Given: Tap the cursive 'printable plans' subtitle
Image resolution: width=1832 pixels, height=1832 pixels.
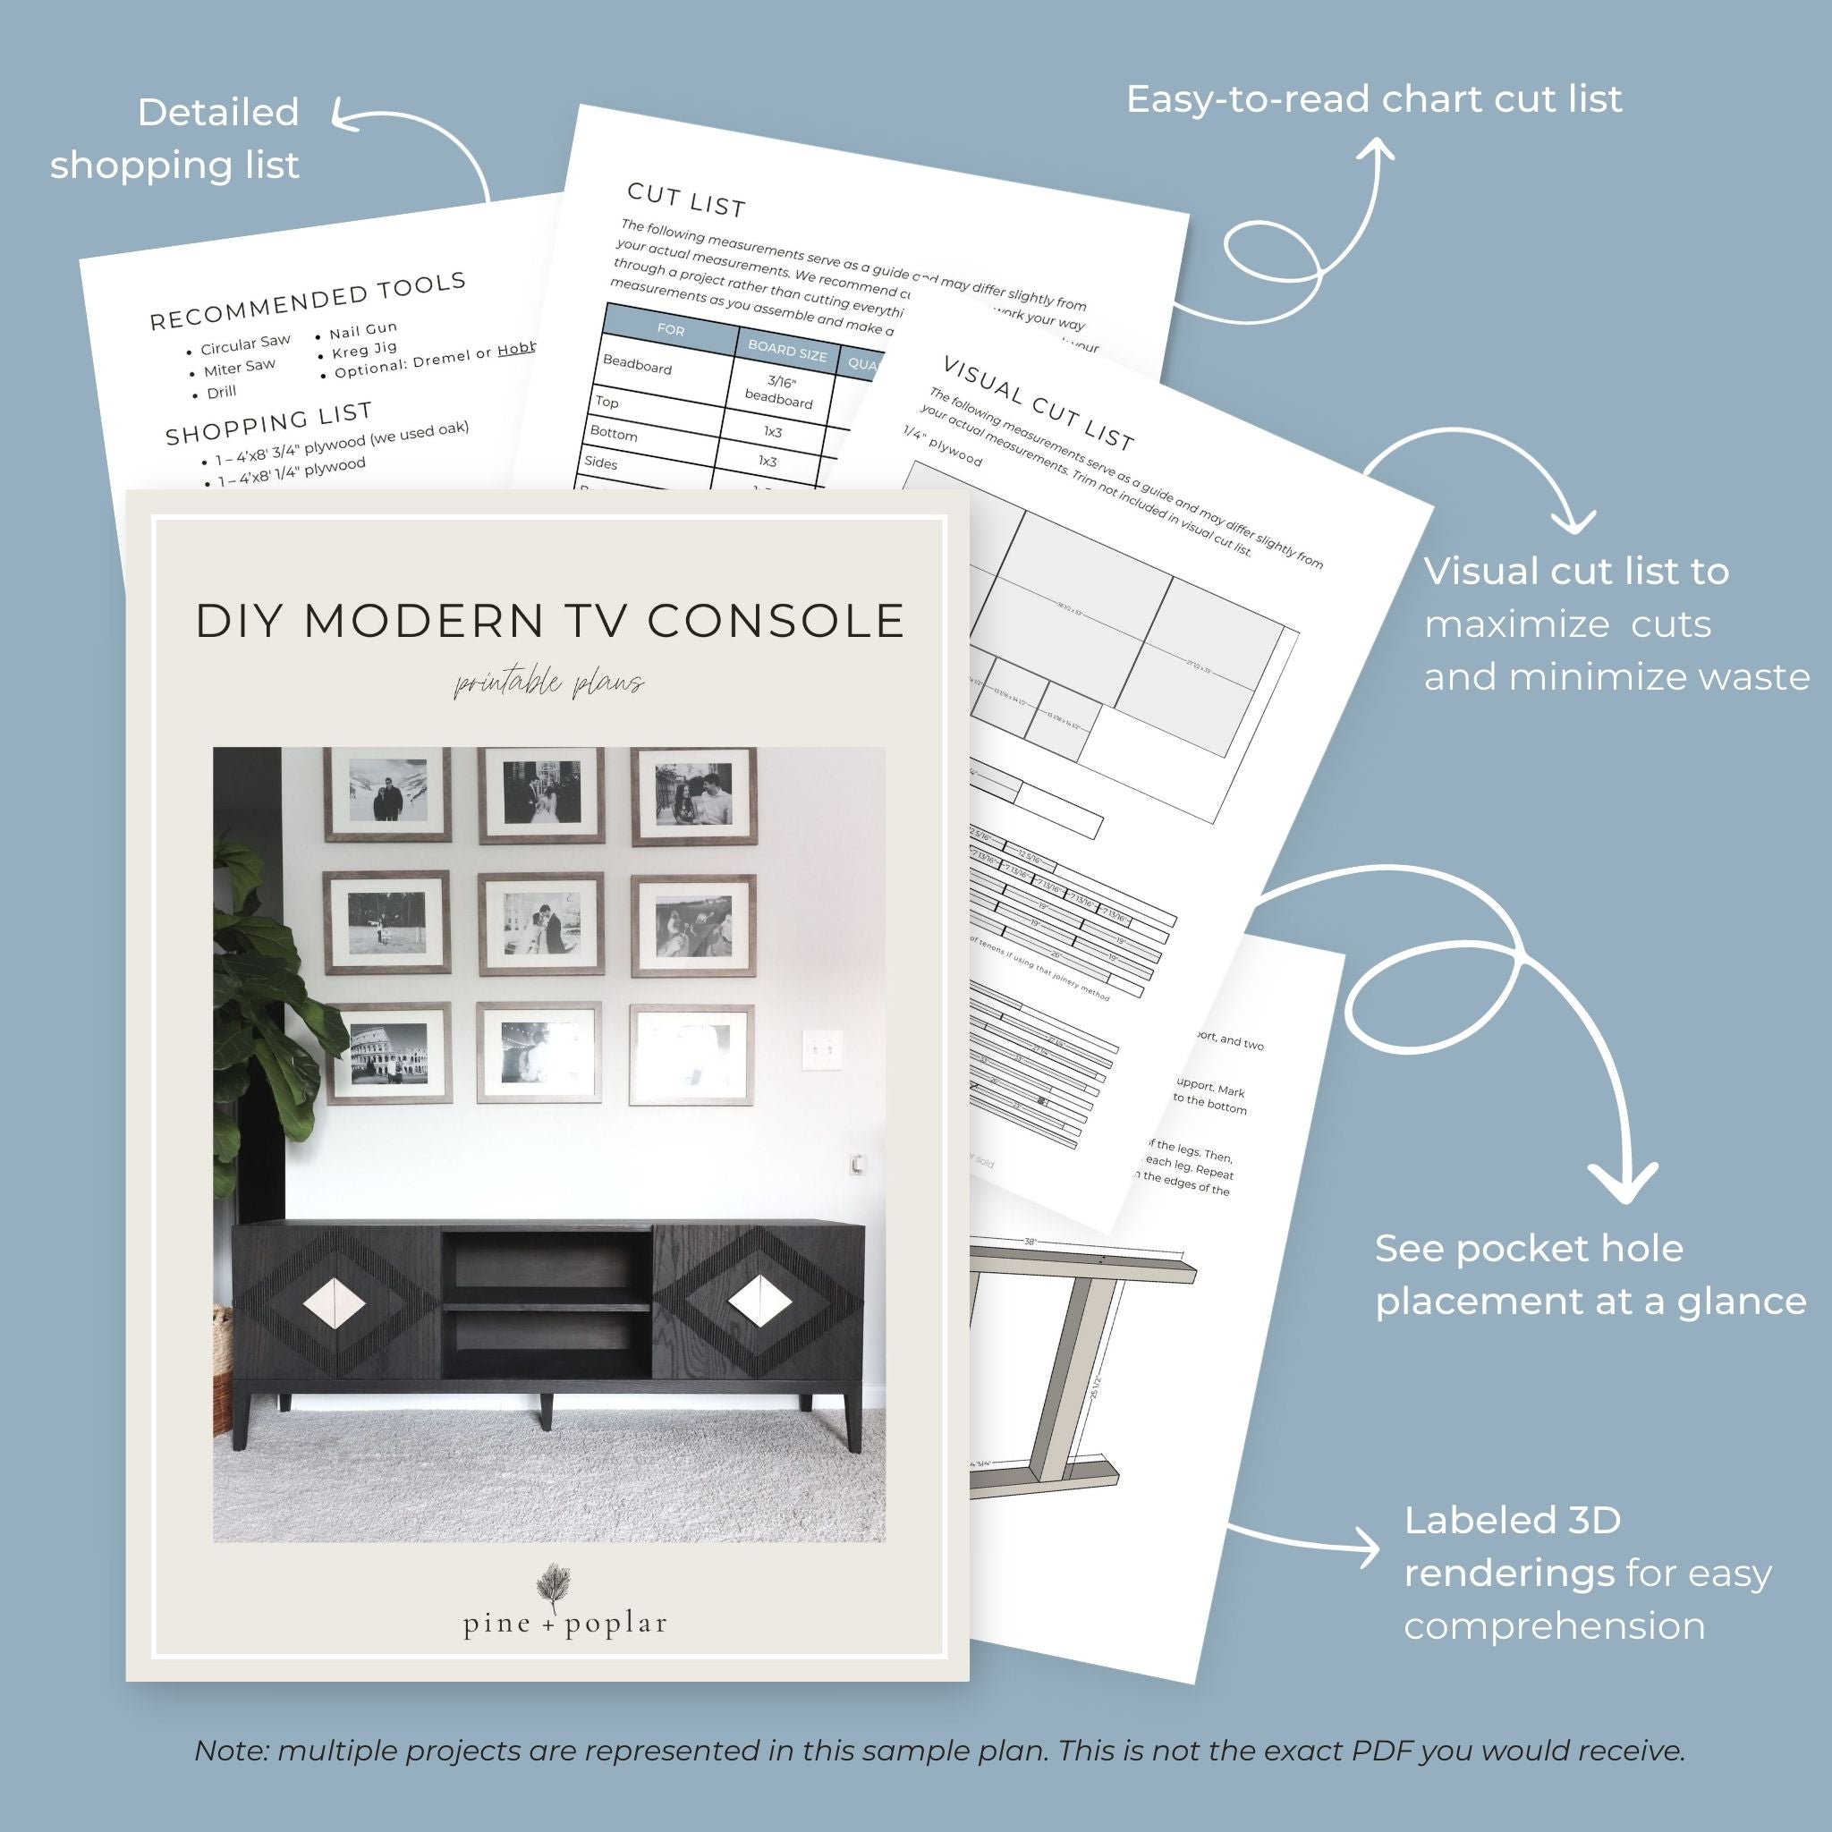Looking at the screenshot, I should point(549,683).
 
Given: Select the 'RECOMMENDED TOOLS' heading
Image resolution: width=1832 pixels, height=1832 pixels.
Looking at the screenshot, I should point(309,301).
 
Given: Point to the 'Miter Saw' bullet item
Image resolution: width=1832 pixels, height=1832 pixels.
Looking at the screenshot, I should point(238,367).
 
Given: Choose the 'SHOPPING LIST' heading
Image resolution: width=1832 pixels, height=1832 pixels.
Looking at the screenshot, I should point(268,423).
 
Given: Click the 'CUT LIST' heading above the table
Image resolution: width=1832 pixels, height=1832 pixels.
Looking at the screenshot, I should point(686,199).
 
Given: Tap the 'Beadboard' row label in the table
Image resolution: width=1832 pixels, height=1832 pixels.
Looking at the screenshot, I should point(637,365).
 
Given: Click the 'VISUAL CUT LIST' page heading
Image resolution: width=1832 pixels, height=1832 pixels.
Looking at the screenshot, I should point(1039,403).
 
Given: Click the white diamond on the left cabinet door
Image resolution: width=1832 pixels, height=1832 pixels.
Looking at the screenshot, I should point(334,1307).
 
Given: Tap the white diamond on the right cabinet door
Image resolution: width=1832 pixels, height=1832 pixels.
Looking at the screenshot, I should point(760,1301).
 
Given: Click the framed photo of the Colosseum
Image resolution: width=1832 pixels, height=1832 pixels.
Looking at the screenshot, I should point(389,1054).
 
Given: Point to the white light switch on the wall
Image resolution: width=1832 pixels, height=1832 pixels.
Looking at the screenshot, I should point(821,1049).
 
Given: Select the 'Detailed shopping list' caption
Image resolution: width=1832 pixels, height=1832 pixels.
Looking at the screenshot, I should point(174,139).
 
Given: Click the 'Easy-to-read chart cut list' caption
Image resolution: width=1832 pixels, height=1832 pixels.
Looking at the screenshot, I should point(1374,99).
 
